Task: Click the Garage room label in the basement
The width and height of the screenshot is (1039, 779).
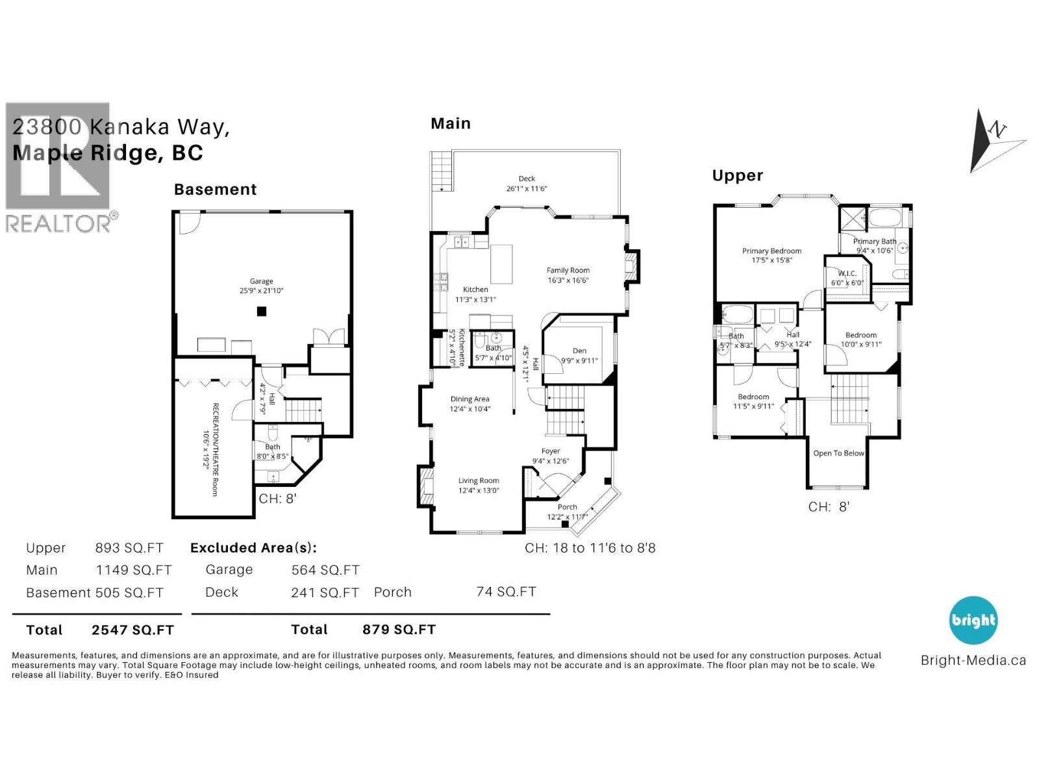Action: [261, 281]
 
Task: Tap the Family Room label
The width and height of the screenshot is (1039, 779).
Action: [568, 270]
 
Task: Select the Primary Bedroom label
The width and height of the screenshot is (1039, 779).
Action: [771, 251]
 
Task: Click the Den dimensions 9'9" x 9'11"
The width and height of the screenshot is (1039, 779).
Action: [579, 361]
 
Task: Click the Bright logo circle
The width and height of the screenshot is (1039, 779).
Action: [973, 620]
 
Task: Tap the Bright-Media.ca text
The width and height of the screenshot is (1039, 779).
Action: [973, 660]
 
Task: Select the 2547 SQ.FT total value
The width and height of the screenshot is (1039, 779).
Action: [132, 630]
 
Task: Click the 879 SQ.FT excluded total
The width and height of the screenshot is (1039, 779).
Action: [399, 629]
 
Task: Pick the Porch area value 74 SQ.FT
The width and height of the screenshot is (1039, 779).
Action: [506, 591]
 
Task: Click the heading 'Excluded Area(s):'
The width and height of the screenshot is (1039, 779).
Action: [253, 547]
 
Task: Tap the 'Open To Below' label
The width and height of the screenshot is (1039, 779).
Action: [838, 453]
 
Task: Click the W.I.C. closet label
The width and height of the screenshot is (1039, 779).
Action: [847, 273]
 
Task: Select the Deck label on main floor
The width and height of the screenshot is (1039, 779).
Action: [527, 179]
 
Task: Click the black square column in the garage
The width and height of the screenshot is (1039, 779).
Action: [262, 312]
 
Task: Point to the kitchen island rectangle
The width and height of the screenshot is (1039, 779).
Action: [501, 264]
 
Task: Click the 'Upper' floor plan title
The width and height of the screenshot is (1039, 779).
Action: [737, 175]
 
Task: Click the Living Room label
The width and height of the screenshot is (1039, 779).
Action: [478, 480]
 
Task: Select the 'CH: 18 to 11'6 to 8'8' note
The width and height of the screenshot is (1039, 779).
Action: [590, 548]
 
